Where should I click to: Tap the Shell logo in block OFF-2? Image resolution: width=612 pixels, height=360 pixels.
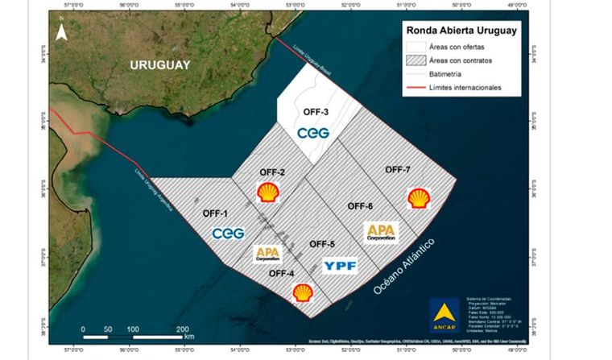(269, 192)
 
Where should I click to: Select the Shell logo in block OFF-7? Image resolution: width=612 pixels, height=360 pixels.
(418, 198)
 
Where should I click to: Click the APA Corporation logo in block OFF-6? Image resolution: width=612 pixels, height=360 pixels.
(382, 232)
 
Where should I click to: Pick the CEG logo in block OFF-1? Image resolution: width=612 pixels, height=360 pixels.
(229, 233)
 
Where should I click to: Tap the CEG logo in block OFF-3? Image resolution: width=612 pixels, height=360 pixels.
(313, 133)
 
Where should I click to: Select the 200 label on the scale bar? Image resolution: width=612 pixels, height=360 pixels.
(184, 329)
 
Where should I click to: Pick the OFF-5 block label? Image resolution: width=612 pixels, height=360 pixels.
(322, 244)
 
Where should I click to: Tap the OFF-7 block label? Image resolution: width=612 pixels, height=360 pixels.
(398, 169)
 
